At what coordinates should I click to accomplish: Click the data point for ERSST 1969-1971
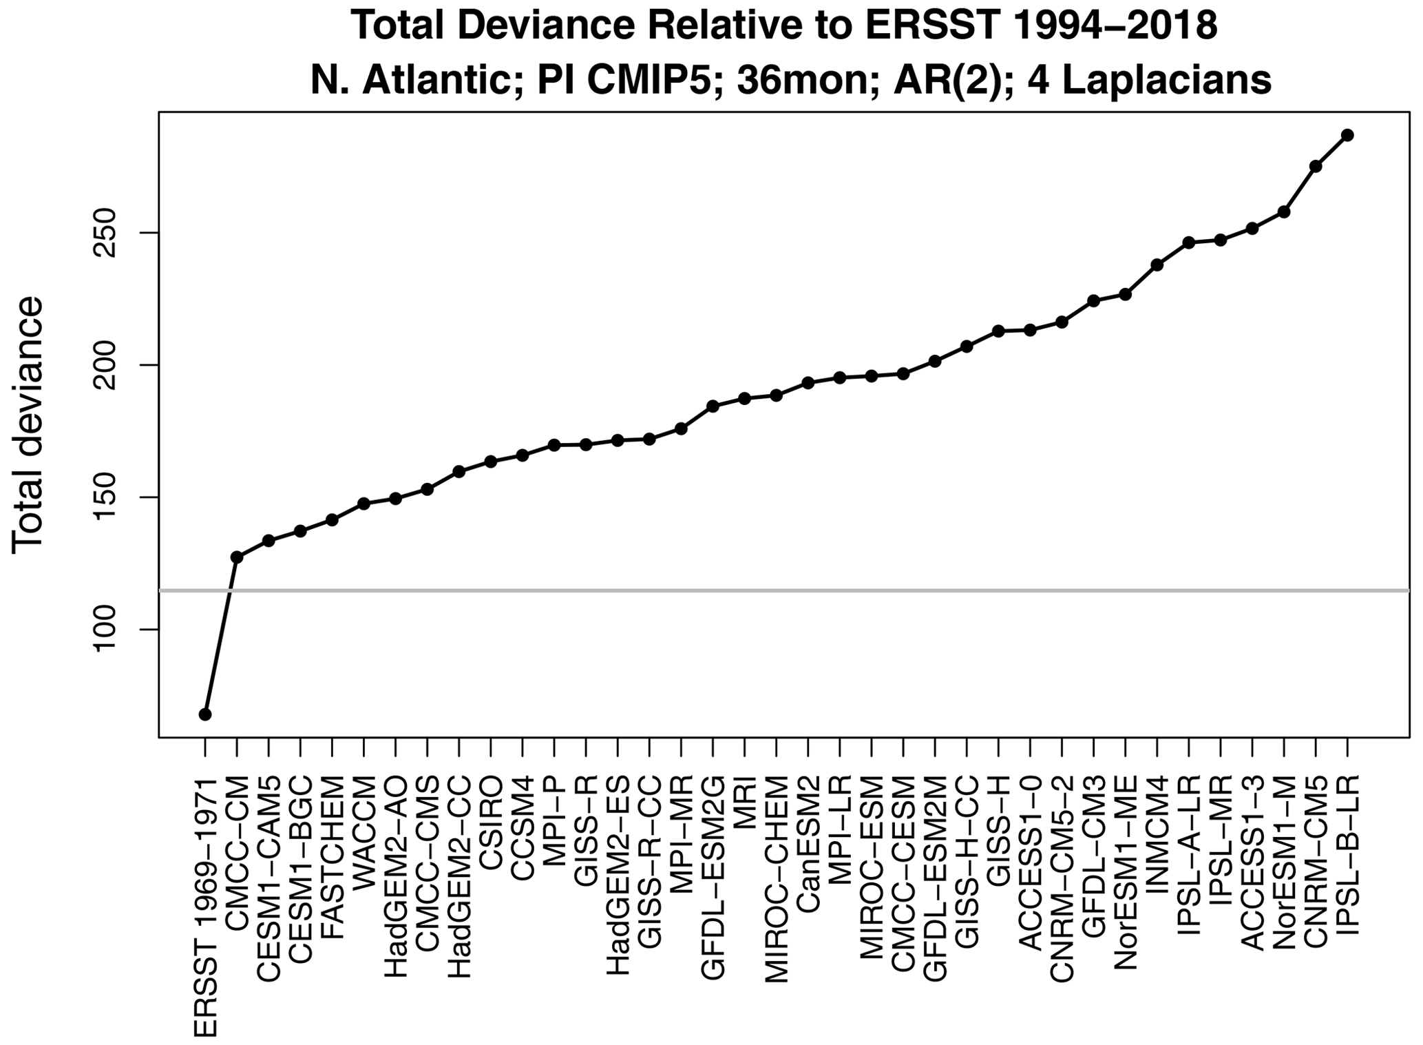tap(205, 714)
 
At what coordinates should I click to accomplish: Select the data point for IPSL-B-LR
tap(1347, 135)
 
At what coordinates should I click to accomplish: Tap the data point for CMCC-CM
tap(237, 557)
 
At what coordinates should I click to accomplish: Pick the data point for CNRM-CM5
tap(1316, 166)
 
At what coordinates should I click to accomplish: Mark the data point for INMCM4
tap(1157, 265)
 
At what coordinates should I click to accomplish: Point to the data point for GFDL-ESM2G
tap(713, 406)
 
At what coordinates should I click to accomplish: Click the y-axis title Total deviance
tap(28, 424)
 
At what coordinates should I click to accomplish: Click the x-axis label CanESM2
tap(808, 824)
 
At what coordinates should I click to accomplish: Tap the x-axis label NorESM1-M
tap(1284, 855)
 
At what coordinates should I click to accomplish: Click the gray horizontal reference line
tap(826, 590)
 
